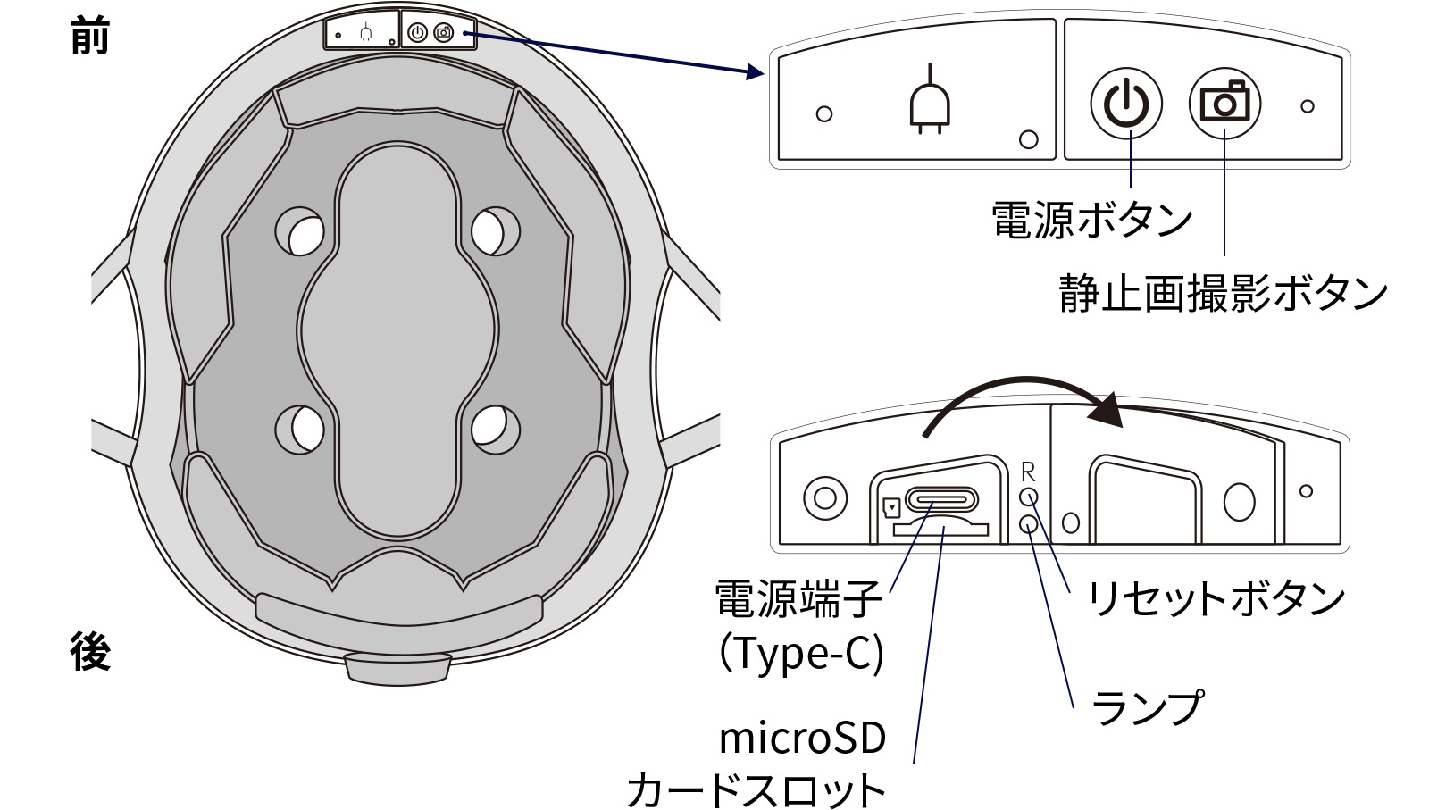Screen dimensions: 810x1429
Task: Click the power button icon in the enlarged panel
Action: [x=1125, y=104]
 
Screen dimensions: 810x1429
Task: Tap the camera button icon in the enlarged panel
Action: [x=1224, y=104]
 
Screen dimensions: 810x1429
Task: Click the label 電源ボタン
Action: [x=1091, y=220]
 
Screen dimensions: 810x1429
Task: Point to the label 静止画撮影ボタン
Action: [x=1223, y=294]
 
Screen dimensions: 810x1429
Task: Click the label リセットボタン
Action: [x=1216, y=598]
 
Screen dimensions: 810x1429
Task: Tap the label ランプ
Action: [x=1148, y=708]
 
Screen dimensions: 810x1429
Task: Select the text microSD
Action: [x=802, y=739]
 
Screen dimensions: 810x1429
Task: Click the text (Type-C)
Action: [x=801, y=653]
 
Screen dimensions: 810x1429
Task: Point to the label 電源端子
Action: [x=798, y=599]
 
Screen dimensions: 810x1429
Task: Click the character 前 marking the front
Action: [x=89, y=38]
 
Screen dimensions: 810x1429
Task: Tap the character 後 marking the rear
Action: [x=90, y=651]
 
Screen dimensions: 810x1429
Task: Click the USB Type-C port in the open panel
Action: [x=940, y=498]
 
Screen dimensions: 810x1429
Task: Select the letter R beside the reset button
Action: [x=1028, y=472]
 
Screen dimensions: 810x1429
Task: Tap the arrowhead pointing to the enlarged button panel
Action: [x=755, y=71]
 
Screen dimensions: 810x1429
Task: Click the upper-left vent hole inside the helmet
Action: [x=300, y=231]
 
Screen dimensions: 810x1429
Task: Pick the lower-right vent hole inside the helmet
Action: [x=495, y=428]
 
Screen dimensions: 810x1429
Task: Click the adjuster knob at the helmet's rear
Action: [x=397, y=667]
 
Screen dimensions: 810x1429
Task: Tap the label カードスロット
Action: [x=756, y=790]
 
